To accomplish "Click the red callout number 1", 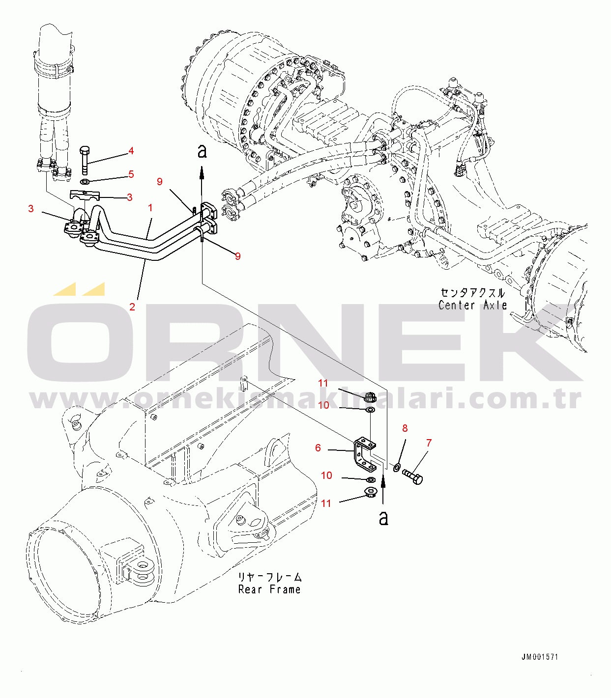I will click(150, 208).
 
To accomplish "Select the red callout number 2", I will click(132, 307).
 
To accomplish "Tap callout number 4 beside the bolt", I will click(131, 151).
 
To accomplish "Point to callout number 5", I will click(131, 174).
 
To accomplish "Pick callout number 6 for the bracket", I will click(318, 448).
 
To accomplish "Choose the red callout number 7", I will click(429, 443).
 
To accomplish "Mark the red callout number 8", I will click(405, 428).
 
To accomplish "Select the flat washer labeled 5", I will click(85, 182).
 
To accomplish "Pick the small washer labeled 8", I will click(397, 465).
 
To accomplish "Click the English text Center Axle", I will click(472, 306).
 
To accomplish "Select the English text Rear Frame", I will click(269, 589).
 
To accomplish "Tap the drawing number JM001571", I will click(540, 657).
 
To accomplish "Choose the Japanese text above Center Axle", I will click(472, 293).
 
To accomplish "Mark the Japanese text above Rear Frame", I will click(270, 577).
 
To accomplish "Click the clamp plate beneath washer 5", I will click(85, 195).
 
